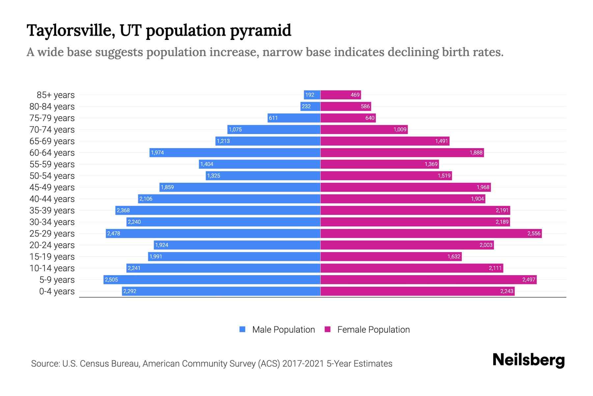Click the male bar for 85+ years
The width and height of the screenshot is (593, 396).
tap(312, 95)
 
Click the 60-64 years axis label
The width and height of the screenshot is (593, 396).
tap(52, 153)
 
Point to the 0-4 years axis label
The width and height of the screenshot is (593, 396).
tap(57, 291)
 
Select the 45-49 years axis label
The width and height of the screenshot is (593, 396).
tap(52, 187)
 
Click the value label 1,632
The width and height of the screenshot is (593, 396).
tap(454, 256)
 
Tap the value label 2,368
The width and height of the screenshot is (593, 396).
tap(123, 210)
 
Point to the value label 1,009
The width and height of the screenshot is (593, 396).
tap(400, 129)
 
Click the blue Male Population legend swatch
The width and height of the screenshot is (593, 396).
tap(242, 329)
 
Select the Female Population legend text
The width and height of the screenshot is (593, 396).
tap(373, 330)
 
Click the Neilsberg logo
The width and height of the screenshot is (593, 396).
tap(528, 360)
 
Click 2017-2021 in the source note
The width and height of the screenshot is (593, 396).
tap(303, 364)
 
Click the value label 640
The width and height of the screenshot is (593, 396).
tap(370, 118)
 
